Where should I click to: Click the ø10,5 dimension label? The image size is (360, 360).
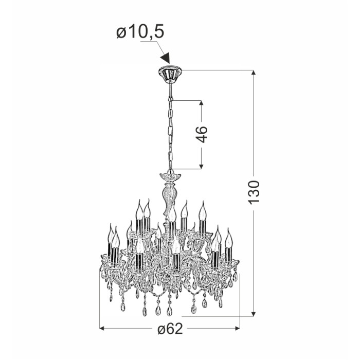[x=140, y=32]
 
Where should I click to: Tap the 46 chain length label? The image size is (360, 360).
[x=202, y=134]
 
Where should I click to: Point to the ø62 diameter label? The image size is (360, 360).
[x=170, y=329]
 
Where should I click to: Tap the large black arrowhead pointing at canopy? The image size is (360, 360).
[x=166, y=58]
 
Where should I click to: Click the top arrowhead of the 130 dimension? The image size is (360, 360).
[x=253, y=73]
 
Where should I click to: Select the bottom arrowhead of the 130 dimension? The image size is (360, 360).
[x=253, y=314]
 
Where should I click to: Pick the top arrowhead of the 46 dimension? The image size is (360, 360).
[x=202, y=103]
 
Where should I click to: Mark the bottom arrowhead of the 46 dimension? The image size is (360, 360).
[x=202, y=166]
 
